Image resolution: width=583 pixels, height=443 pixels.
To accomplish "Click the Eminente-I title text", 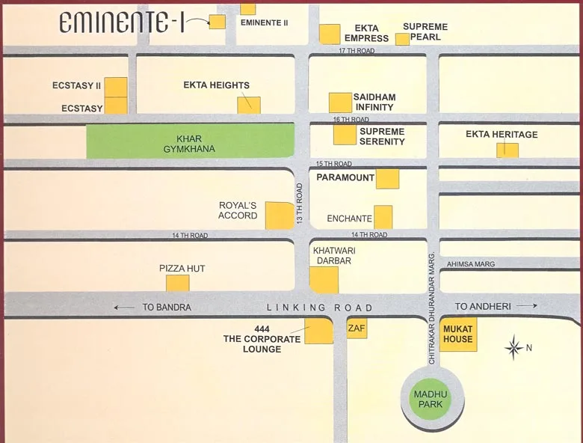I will point(121,23).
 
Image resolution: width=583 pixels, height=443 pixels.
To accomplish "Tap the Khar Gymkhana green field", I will point(189,141).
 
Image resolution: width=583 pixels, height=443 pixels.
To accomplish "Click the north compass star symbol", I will point(513,347).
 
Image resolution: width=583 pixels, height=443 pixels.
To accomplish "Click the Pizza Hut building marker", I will point(177,282).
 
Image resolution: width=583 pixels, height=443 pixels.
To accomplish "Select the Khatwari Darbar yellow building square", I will point(324,279).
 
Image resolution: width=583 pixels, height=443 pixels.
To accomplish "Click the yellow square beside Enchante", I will point(383,216).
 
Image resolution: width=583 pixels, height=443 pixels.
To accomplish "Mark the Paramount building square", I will point(387,179).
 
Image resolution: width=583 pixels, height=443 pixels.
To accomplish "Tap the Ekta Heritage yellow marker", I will point(508,150).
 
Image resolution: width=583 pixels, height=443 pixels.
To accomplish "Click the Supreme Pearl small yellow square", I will point(402,39).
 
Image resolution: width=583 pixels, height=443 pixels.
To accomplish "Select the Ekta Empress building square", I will point(330,34).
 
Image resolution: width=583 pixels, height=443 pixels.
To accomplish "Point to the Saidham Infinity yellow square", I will point(340,103).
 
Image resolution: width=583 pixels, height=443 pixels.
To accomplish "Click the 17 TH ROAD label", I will point(357,51).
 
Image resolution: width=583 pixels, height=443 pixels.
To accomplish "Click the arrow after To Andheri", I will point(526,306).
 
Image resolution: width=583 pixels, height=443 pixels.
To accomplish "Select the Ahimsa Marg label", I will point(471,264).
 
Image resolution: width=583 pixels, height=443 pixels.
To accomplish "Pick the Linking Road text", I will point(320,308).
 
